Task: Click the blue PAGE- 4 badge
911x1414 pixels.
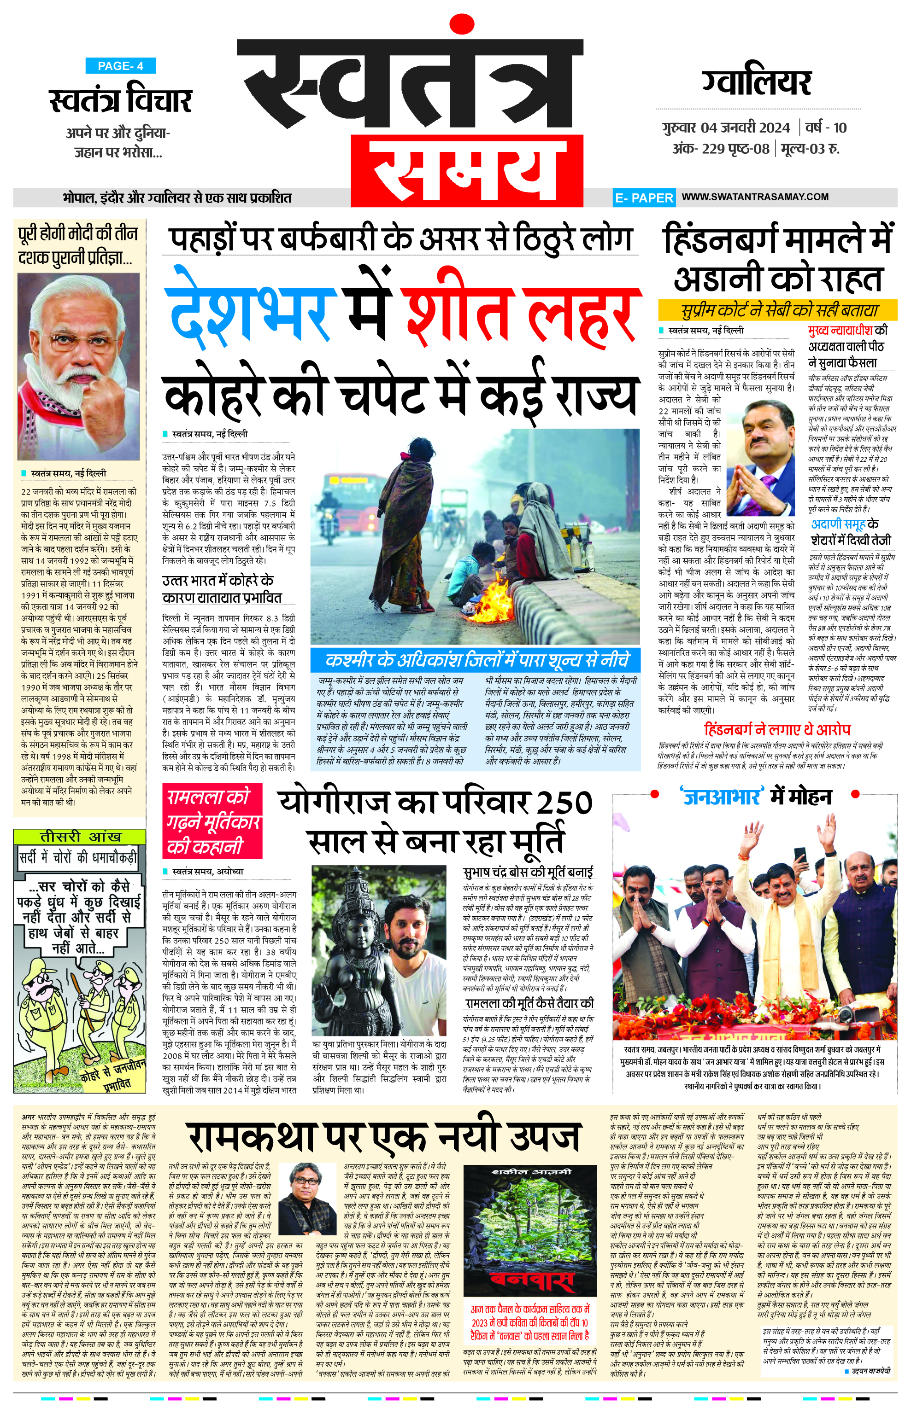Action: [x=120, y=66]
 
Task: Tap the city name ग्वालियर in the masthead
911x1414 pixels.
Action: [x=757, y=83]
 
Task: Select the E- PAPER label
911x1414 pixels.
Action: [x=644, y=198]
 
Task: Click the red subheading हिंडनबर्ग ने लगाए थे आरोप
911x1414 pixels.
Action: [x=777, y=729]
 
